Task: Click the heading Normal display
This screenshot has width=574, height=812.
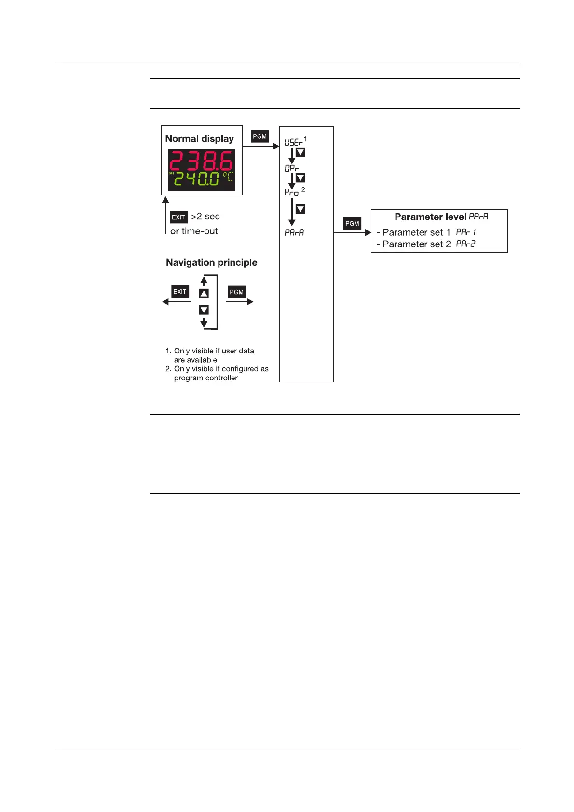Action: coord(199,139)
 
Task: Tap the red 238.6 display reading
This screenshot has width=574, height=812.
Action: coord(201,160)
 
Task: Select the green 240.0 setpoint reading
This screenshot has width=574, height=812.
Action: coord(197,179)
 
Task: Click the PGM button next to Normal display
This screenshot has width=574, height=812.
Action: coord(260,136)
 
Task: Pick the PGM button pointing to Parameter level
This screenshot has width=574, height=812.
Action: coord(352,223)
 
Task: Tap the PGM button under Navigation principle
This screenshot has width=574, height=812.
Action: coord(236,292)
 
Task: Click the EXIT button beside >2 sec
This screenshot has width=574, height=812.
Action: coord(178,217)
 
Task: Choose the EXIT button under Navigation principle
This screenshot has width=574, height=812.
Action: coord(180,292)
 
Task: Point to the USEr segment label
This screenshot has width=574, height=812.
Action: coord(293,142)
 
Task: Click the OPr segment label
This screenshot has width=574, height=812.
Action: coord(291,168)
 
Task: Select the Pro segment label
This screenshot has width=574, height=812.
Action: coord(291,192)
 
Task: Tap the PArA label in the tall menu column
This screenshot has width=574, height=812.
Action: coord(294,232)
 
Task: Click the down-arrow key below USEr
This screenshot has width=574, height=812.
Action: coord(300,153)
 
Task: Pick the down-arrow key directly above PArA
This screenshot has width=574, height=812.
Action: coord(300,209)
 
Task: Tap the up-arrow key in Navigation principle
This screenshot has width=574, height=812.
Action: coord(204,294)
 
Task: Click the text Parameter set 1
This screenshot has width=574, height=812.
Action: coord(416,232)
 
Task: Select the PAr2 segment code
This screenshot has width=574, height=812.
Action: coord(465,244)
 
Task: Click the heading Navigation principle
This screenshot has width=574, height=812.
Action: coord(211,262)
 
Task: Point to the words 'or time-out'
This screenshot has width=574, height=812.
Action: coord(194,231)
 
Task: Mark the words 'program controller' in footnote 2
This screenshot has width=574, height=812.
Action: coord(206,378)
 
